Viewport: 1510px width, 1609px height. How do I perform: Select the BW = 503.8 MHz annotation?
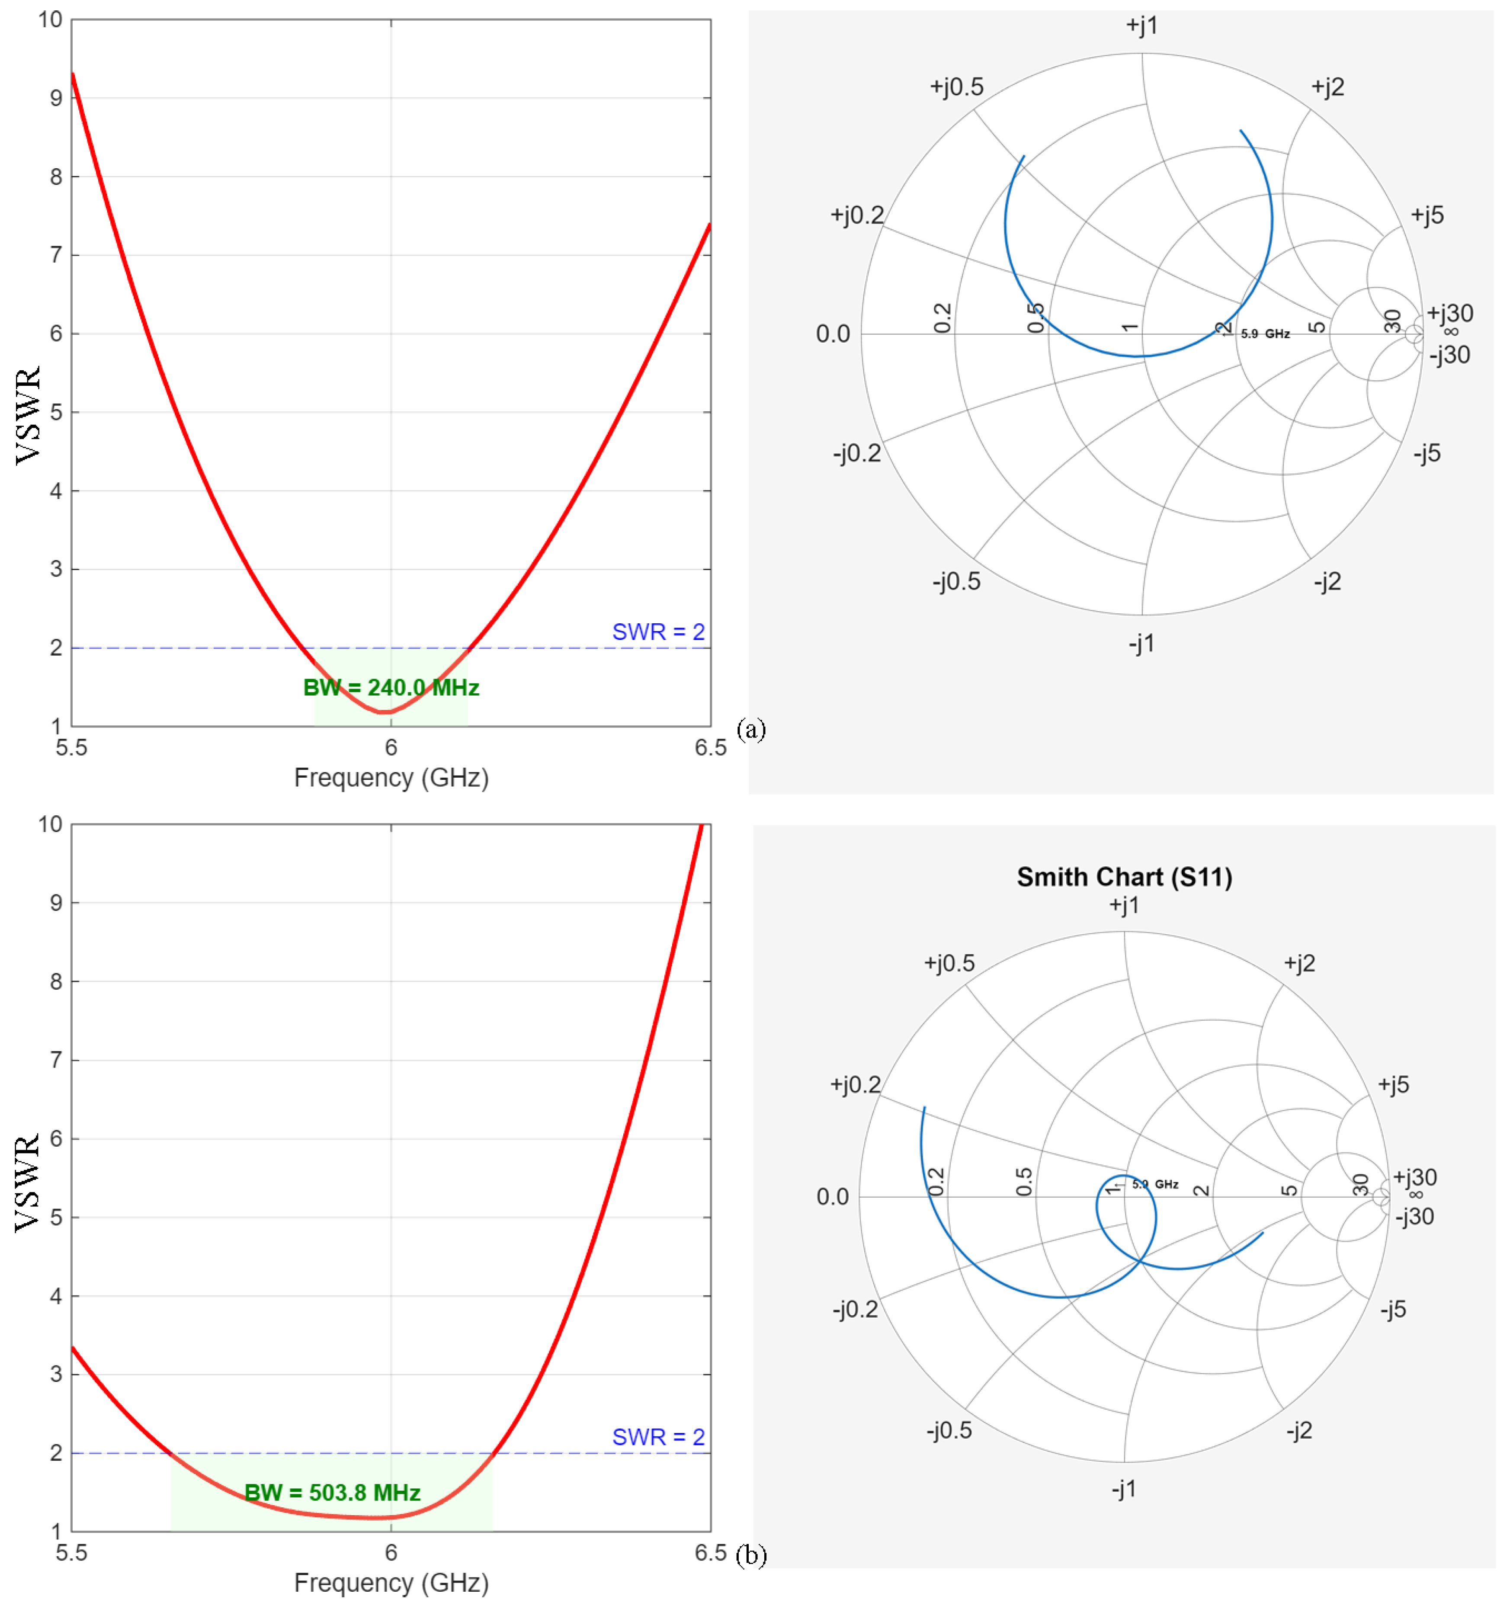333,1493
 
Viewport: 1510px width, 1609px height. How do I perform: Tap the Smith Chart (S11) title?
1125,877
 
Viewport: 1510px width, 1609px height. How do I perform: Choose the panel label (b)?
751,1555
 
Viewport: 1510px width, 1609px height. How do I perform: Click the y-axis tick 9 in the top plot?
56,98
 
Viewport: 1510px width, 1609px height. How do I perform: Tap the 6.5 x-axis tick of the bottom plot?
711,1552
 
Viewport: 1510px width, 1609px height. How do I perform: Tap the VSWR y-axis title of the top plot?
28,415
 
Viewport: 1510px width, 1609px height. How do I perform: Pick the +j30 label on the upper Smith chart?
1450,313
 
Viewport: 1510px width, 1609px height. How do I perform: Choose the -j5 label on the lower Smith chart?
1394,1310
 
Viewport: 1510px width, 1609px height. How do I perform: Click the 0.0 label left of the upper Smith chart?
833,333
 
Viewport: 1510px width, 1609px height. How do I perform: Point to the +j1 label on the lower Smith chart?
1124,905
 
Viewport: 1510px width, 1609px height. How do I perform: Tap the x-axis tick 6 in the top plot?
391,747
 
